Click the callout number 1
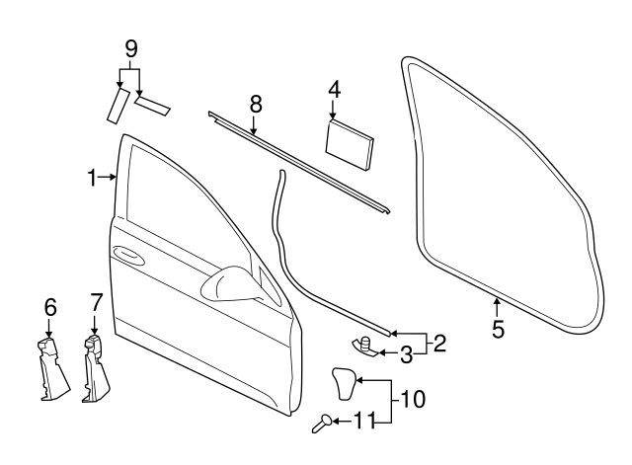click(91, 178)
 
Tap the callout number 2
click(439, 344)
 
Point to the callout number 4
click(334, 90)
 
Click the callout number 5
click(498, 329)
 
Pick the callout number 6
click(49, 308)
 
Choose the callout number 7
click(96, 302)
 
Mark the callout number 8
click(255, 103)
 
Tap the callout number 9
click(131, 48)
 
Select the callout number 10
click(415, 401)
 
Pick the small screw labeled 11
click(323, 425)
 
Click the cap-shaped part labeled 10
click(342, 383)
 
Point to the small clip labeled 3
click(363, 345)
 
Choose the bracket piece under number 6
click(50, 370)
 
